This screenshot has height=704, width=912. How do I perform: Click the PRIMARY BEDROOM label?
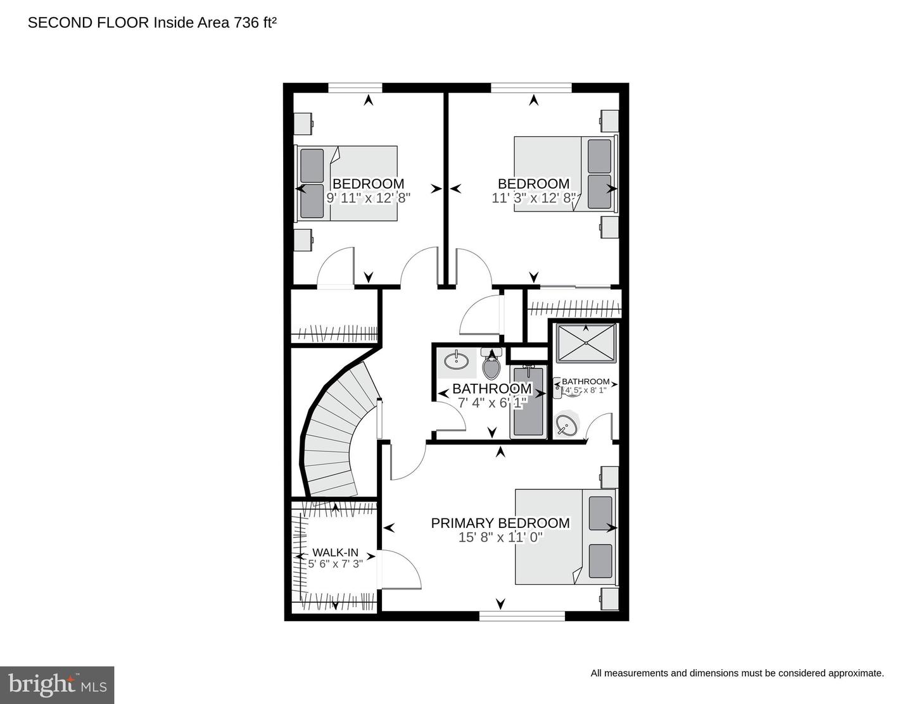tap(500, 523)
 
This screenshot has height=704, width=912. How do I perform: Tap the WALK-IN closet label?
tap(335, 552)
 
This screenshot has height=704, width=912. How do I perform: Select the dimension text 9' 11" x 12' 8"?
tap(369, 198)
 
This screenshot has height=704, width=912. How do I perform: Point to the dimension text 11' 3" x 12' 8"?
tap(534, 198)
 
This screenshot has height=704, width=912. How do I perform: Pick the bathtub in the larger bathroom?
tap(528, 402)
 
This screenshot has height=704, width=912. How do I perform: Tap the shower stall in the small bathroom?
tap(585, 343)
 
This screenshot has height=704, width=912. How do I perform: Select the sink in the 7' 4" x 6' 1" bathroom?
tap(456, 361)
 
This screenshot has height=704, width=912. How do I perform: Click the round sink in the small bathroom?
tap(567, 424)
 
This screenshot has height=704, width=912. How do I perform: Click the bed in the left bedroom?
tap(347, 184)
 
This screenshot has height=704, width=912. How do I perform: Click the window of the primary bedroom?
tap(522, 615)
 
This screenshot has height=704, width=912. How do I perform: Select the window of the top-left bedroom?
tap(355, 87)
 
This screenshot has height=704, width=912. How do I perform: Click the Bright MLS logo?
tap(57, 685)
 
